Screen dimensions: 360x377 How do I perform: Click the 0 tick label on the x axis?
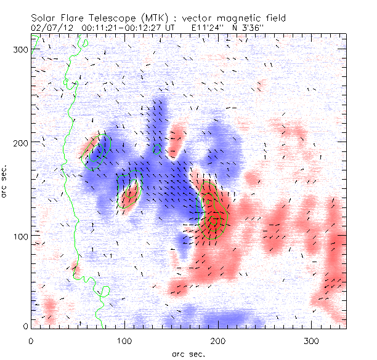coord(31,340)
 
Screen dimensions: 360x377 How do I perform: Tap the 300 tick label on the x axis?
coord(310,340)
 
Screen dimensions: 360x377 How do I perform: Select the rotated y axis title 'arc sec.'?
coord(6,182)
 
